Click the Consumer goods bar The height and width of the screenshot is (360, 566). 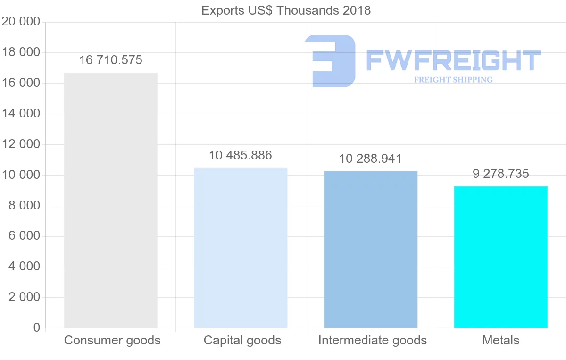click(x=110, y=201)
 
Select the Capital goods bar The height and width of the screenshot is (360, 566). click(x=241, y=248)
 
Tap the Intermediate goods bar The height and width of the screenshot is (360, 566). click(x=371, y=249)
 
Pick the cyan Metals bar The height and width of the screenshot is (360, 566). click(x=500, y=257)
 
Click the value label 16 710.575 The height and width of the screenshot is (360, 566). click(x=111, y=60)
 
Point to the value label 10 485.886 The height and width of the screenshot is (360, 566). click(x=241, y=155)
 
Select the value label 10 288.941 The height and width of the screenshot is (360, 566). click(x=371, y=159)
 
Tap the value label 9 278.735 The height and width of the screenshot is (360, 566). click(x=501, y=174)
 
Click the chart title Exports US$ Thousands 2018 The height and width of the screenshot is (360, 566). click(x=286, y=10)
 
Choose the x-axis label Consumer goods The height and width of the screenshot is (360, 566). click(x=112, y=340)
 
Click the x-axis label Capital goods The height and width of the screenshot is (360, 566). click(x=242, y=340)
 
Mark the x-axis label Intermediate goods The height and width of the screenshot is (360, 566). click(x=373, y=340)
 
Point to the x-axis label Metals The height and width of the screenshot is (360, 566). click(x=501, y=340)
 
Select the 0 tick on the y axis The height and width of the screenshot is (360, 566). click(x=37, y=328)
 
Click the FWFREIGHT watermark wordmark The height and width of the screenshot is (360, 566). click(x=453, y=61)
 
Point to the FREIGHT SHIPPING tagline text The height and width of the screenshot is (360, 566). click(x=453, y=80)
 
